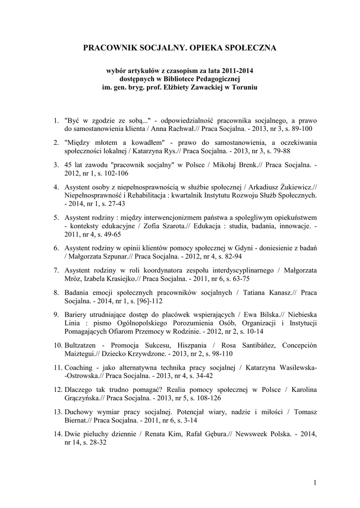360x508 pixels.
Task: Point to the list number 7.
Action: click(56, 270)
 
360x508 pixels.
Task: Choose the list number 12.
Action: click(58, 390)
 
